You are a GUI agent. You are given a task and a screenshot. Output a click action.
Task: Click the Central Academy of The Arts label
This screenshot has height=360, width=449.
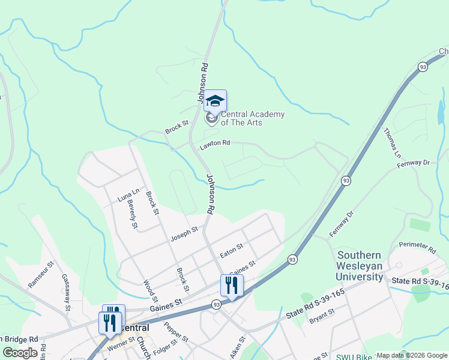(252, 118)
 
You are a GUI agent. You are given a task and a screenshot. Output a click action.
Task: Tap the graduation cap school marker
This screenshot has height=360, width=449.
(215, 101)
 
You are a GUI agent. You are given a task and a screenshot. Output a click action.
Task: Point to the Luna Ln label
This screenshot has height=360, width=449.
(128, 196)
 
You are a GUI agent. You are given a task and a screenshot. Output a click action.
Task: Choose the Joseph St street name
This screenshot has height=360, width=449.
(184, 232)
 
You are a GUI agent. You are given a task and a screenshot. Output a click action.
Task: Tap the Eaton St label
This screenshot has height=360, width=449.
(231, 250)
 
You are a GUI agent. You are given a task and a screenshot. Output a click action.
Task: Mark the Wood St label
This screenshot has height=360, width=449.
(150, 291)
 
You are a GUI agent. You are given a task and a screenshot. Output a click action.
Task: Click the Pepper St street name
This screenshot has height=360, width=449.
(172, 332)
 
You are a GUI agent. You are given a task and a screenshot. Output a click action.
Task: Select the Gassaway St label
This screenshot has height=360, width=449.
(66, 291)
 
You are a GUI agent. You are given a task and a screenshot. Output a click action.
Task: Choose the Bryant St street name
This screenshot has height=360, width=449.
(321, 316)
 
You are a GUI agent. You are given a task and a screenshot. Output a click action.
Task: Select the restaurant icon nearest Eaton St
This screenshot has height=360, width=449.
(231, 286)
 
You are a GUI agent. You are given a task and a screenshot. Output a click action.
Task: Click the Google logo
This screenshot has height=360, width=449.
(19, 353)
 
